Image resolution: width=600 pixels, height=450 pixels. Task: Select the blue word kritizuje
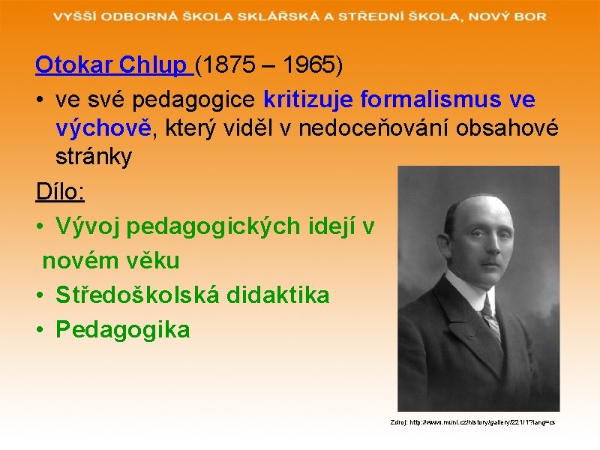(310, 99)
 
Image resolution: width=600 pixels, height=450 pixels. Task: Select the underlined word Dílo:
(60, 192)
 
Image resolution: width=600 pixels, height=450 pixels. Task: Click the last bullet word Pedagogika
(122, 328)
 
